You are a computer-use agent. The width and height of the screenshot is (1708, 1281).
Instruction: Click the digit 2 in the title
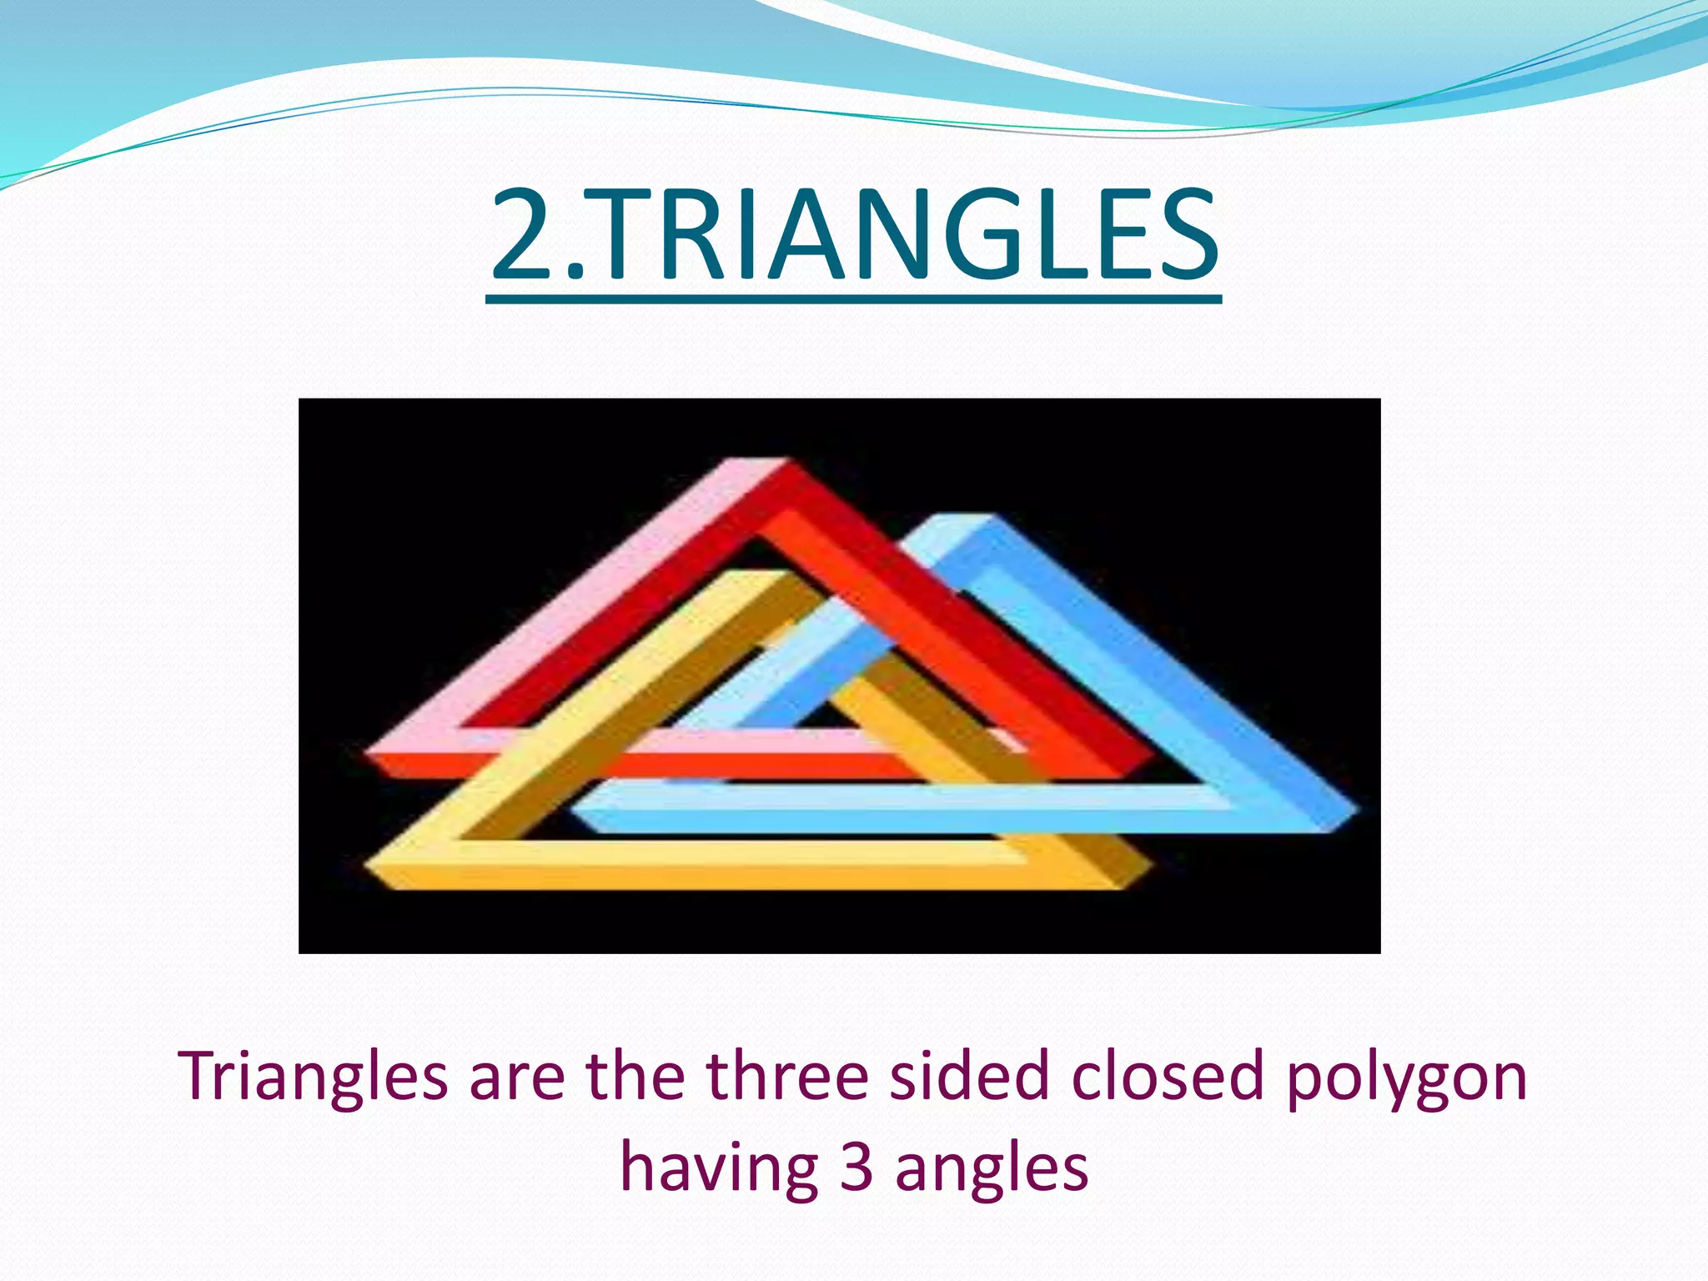[x=523, y=236]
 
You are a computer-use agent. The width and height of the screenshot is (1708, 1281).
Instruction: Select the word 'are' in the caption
[x=517, y=1078]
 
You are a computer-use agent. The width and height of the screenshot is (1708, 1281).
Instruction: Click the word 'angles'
[x=992, y=1169]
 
